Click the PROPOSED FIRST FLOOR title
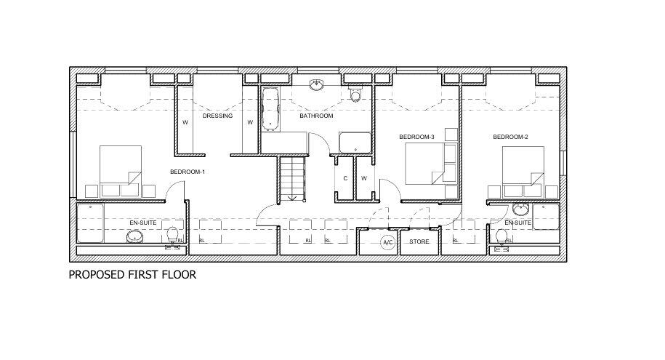tap(132, 275)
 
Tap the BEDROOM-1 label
tap(188, 172)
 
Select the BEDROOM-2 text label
tap(509, 137)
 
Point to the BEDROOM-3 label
tap(416, 137)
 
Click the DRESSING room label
tap(217, 116)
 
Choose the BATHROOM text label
tap(316, 116)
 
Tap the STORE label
tap(419, 241)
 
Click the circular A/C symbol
tap(387, 242)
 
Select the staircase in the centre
tap(292, 178)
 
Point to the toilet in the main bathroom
tap(355, 95)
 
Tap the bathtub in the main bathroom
tap(271, 109)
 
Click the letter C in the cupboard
tap(344, 178)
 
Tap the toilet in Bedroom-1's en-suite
tap(173, 236)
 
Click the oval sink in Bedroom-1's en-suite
tap(134, 237)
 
